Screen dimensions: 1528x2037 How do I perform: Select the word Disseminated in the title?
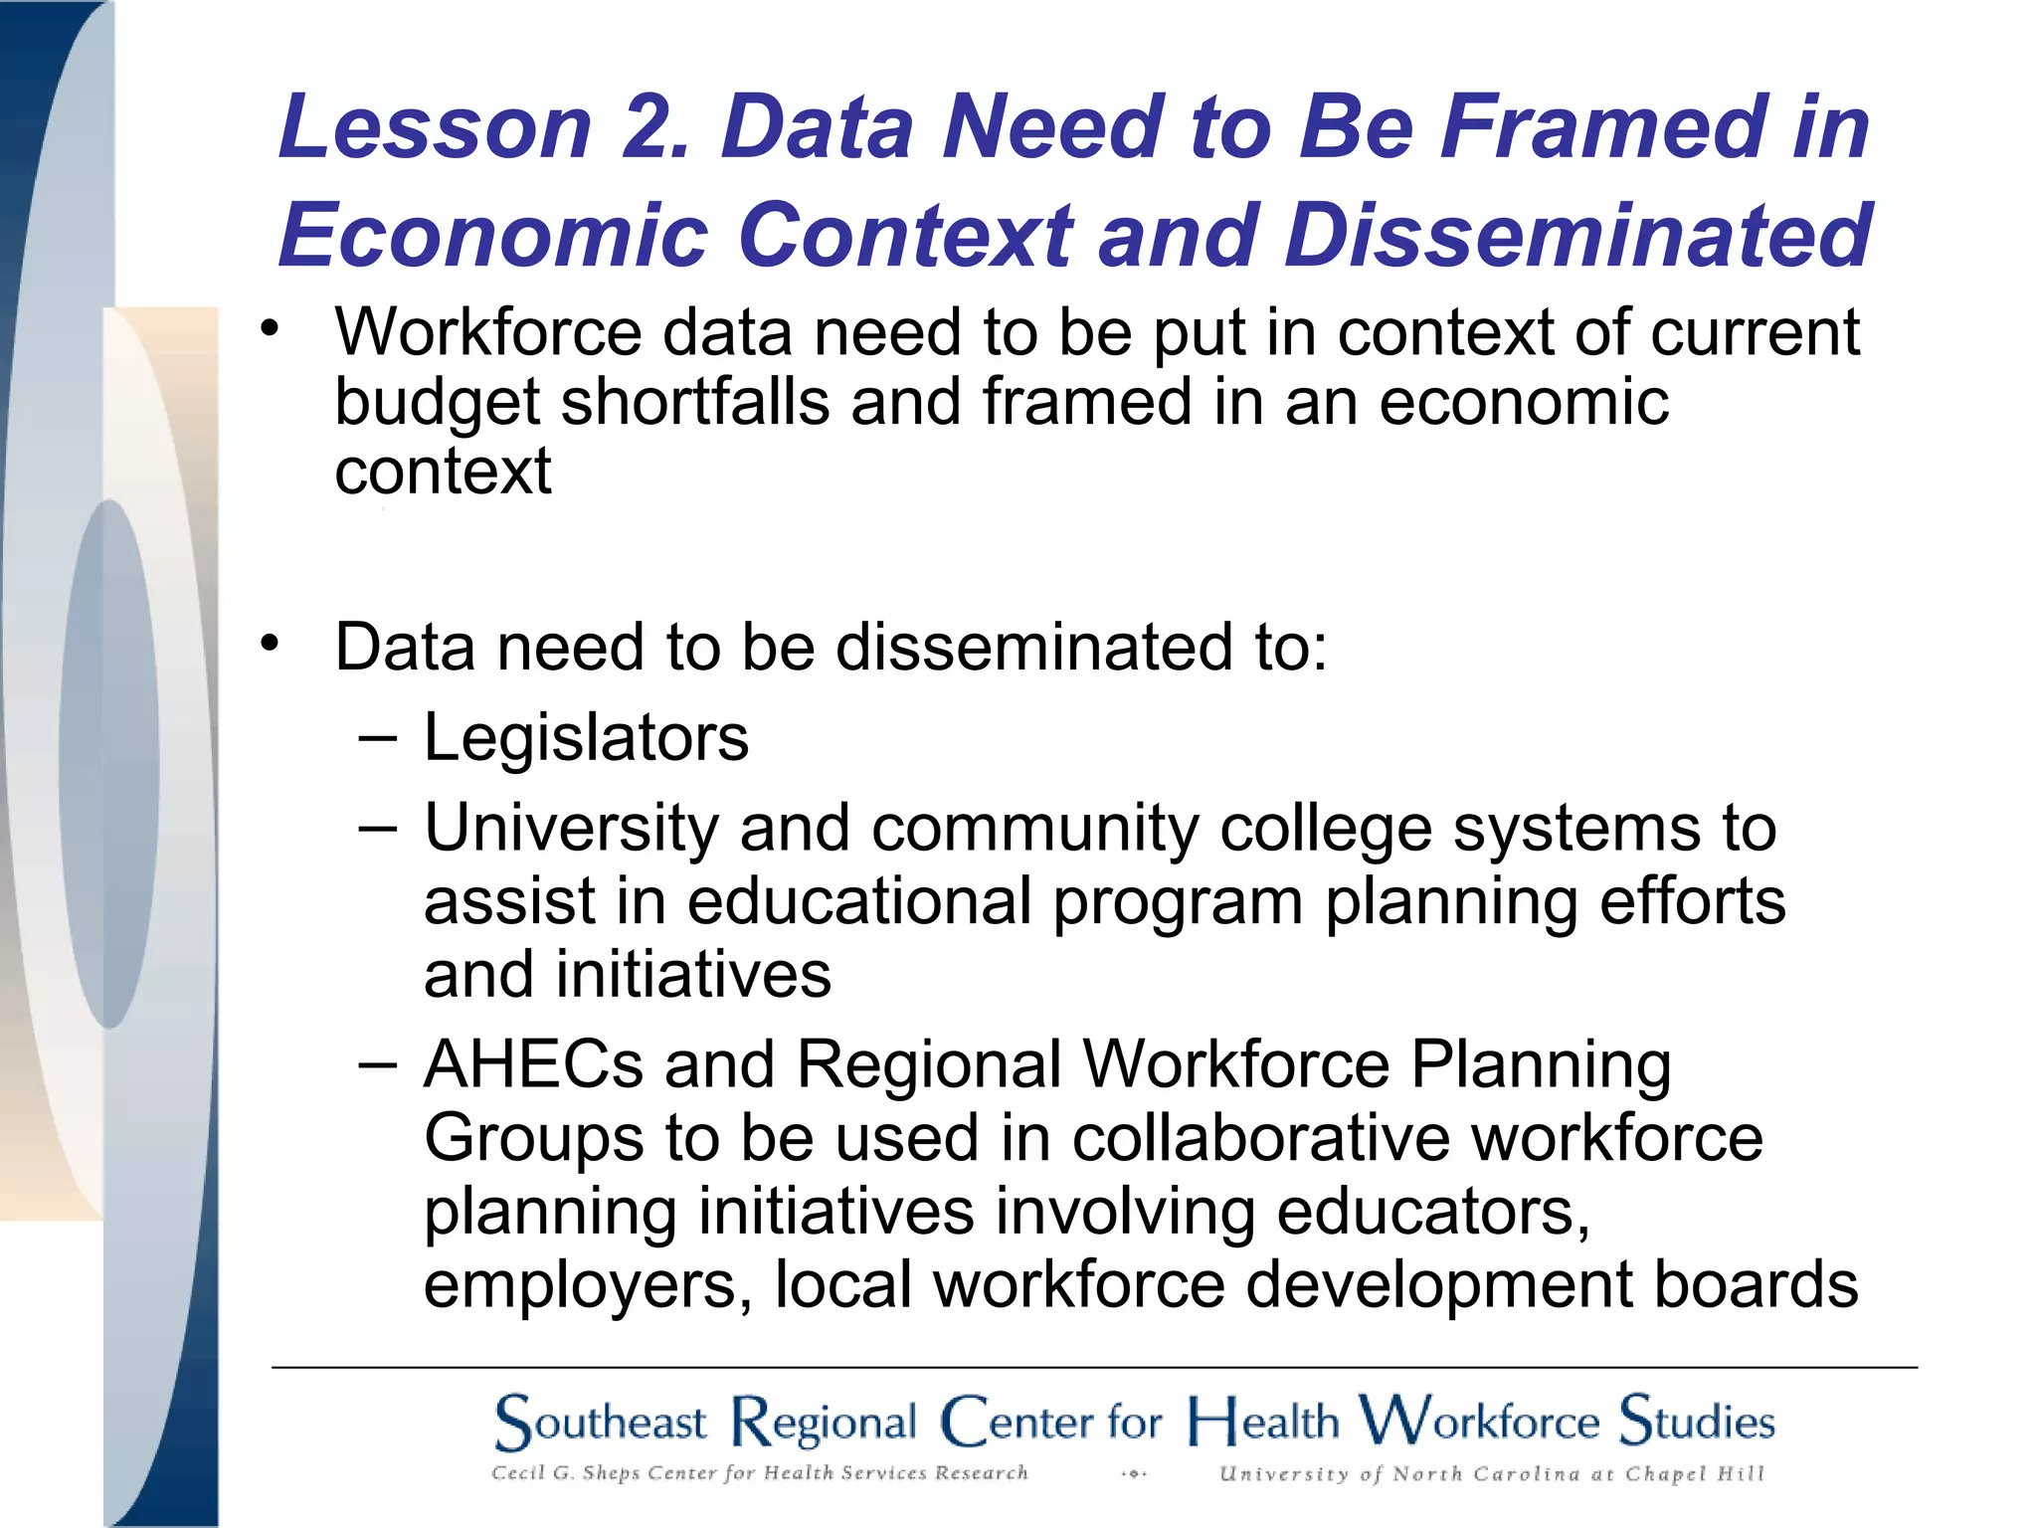pyautogui.click(x=1578, y=236)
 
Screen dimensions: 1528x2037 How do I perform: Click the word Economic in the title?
pyautogui.click(x=494, y=236)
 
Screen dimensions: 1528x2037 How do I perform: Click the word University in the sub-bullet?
pyautogui.click(x=571, y=829)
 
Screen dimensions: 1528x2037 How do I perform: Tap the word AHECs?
pyautogui.click(x=533, y=1064)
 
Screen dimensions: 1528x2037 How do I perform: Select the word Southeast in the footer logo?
pyautogui.click(x=601, y=1423)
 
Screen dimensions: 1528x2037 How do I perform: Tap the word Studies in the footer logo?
pyautogui.click(x=1696, y=1421)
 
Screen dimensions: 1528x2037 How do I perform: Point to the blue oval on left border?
pyautogui.click(x=108, y=764)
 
